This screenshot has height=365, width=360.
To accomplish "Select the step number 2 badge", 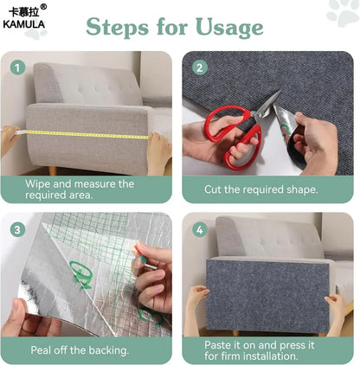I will click(x=199, y=67).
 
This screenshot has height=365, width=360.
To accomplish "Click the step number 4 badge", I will click(x=199, y=229).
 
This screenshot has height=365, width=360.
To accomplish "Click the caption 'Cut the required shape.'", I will click(x=260, y=189).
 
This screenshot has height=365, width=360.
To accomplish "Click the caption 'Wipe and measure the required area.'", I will click(x=80, y=189).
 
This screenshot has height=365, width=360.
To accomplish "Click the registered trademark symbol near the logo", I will click(x=43, y=7).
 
